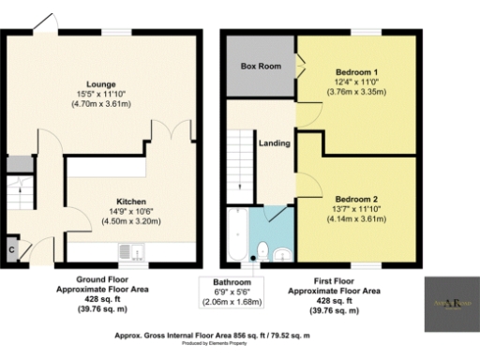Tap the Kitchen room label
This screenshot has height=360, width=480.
pos(131,201)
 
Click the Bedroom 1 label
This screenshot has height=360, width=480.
pos(357,71)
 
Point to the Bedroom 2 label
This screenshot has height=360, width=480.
pos(357,198)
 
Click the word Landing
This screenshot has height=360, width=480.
pos(275,143)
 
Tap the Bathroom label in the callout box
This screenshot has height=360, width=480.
pos(231,282)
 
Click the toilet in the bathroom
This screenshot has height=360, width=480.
pos(263,250)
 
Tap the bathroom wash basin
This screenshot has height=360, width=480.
pos(283,253)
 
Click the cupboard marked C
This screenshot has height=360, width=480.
pos(11,249)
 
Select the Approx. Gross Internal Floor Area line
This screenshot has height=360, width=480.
pos(240,334)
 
